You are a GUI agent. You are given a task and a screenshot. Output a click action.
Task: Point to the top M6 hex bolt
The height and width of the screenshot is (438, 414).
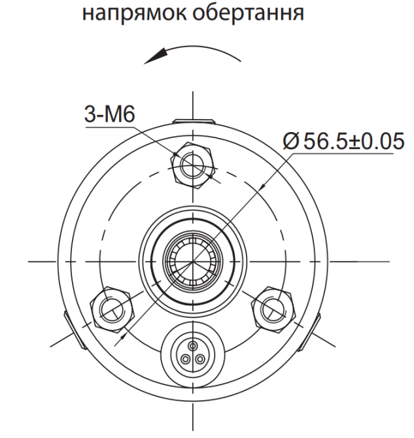tap(193, 161)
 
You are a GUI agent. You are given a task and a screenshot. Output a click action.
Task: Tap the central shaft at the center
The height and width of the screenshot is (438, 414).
tap(192, 260)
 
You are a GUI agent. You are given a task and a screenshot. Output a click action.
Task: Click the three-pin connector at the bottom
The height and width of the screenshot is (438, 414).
tap(192, 352)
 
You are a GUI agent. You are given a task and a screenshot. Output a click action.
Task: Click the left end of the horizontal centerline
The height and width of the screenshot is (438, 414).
tap(30, 261)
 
